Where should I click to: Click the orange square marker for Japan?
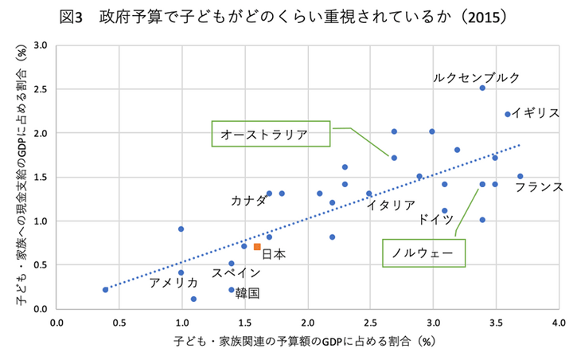pyautogui.click(x=257, y=247)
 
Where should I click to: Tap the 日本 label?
pyautogui.click(x=274, y=254)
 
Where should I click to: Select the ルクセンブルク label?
pyautogui.click(x=477, y=77)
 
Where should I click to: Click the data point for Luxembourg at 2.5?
pyautogui.click(x=482, y=88)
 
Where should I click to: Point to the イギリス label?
pyautogui.click(x=536, y=113)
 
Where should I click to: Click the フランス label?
pyautogui.click(x=539, y=187)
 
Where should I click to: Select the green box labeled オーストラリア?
pyautogui.click(x=271, y=133)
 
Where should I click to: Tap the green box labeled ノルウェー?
pyautogui.click(x=422, y=253)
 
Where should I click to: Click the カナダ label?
pyautogui.click(x=248, y=200)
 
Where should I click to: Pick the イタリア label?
pyautogui.click(x=391, y=205)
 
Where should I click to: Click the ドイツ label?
pyautogui.click(x=435, y=219)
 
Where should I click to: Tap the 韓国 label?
pyautogui.click(x=248, y=292)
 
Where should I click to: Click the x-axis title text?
pyautogui.click(x=306, y=342)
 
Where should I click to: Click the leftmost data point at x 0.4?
pyautogui.click(x=106, y=290)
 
